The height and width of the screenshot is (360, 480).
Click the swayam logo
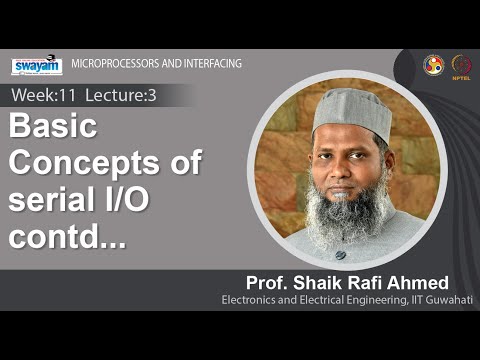pos(36,66)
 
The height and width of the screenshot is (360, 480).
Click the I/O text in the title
pos(123,199)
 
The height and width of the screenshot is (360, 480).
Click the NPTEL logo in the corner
pos(461,64)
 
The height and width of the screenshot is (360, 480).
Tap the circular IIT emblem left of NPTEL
pos(433,64)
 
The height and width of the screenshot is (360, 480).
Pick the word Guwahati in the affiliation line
pos(446,299)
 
